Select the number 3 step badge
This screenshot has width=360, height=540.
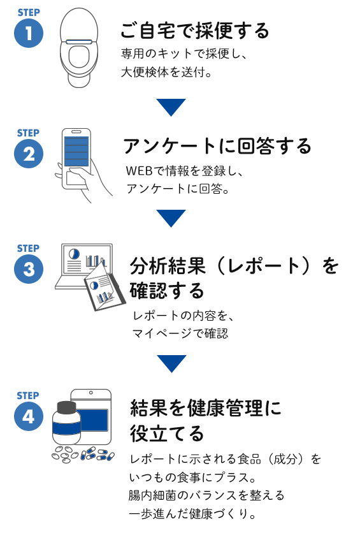tap(29, 268)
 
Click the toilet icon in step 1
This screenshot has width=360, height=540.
tap(79, 48)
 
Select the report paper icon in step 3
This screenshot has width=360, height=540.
tap(104, 286)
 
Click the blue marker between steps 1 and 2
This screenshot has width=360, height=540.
tap(171, 108)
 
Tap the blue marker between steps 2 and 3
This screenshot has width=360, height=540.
tap(171, 219)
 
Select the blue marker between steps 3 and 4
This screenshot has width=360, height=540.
tap(171, 364)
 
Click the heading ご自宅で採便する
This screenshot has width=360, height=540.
tap(195, 30)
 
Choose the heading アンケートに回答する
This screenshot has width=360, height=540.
tap(217, 147)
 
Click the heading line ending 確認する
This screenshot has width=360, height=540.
tap(168, 291)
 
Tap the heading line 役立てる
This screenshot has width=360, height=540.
tap(168, 434)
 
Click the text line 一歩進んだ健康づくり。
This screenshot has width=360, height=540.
tap(192, 512)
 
